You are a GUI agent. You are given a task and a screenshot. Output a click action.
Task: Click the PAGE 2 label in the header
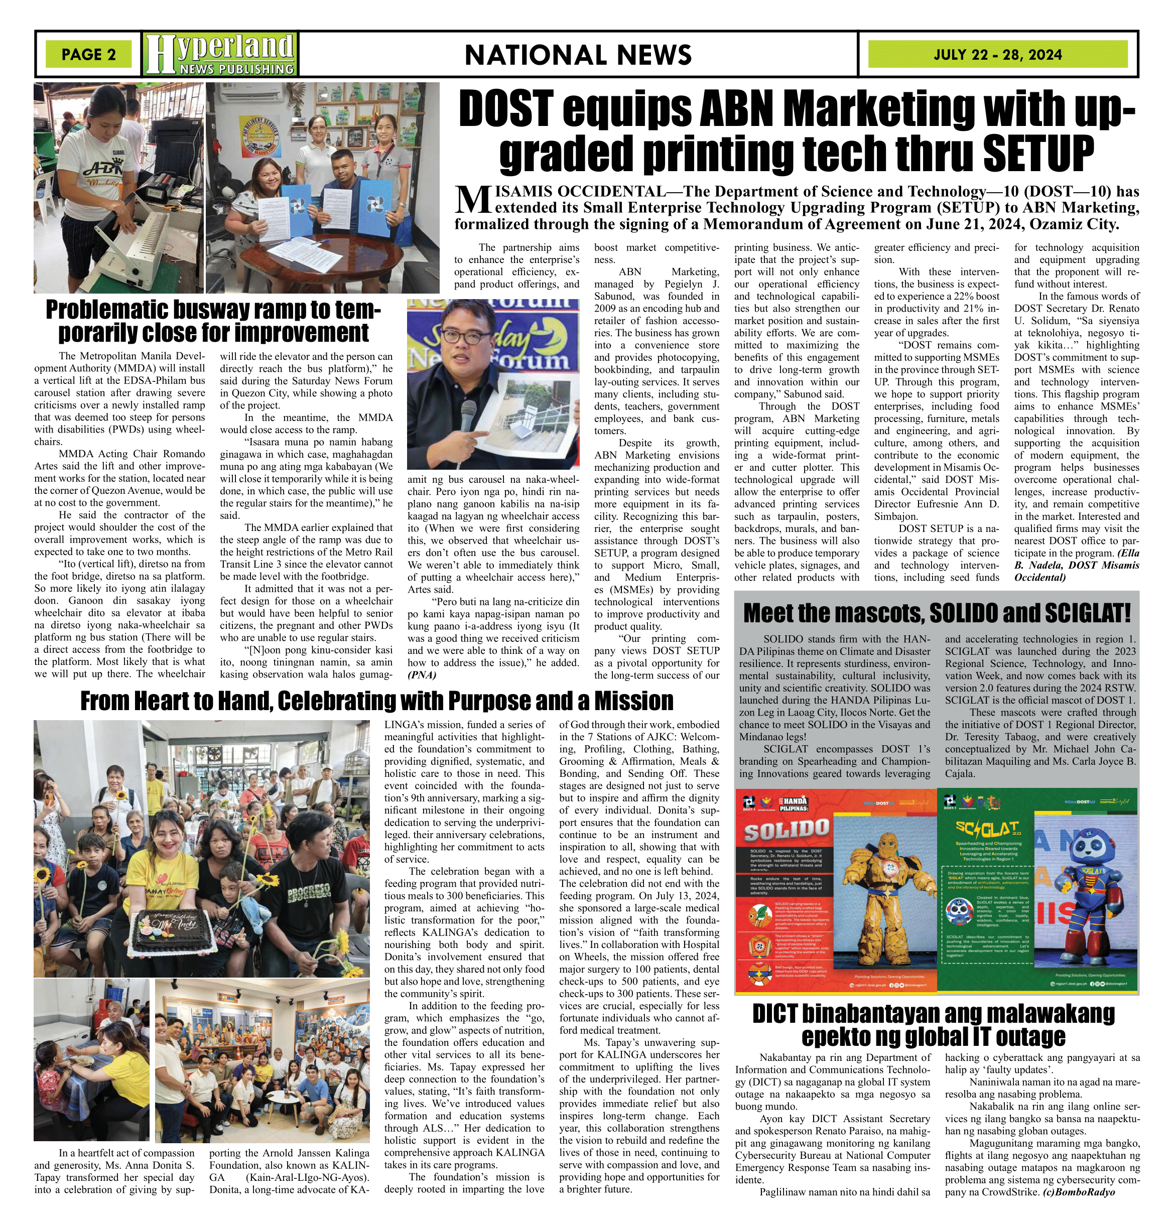coord(88,54)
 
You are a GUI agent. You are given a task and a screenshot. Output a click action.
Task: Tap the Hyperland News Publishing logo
coord(219,54)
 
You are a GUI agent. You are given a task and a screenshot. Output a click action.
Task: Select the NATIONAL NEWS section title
coord(578,55)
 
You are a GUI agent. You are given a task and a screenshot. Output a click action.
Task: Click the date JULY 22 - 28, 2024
coord(997,54)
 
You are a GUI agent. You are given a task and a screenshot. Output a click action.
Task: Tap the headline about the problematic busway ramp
coord(213,321)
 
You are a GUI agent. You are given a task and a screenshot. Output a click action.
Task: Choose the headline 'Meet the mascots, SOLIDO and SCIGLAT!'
coord(937,613)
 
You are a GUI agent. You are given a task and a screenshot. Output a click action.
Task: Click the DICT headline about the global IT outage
coord(934,1025)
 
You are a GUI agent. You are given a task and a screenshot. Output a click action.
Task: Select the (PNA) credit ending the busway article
coord(422,675)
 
